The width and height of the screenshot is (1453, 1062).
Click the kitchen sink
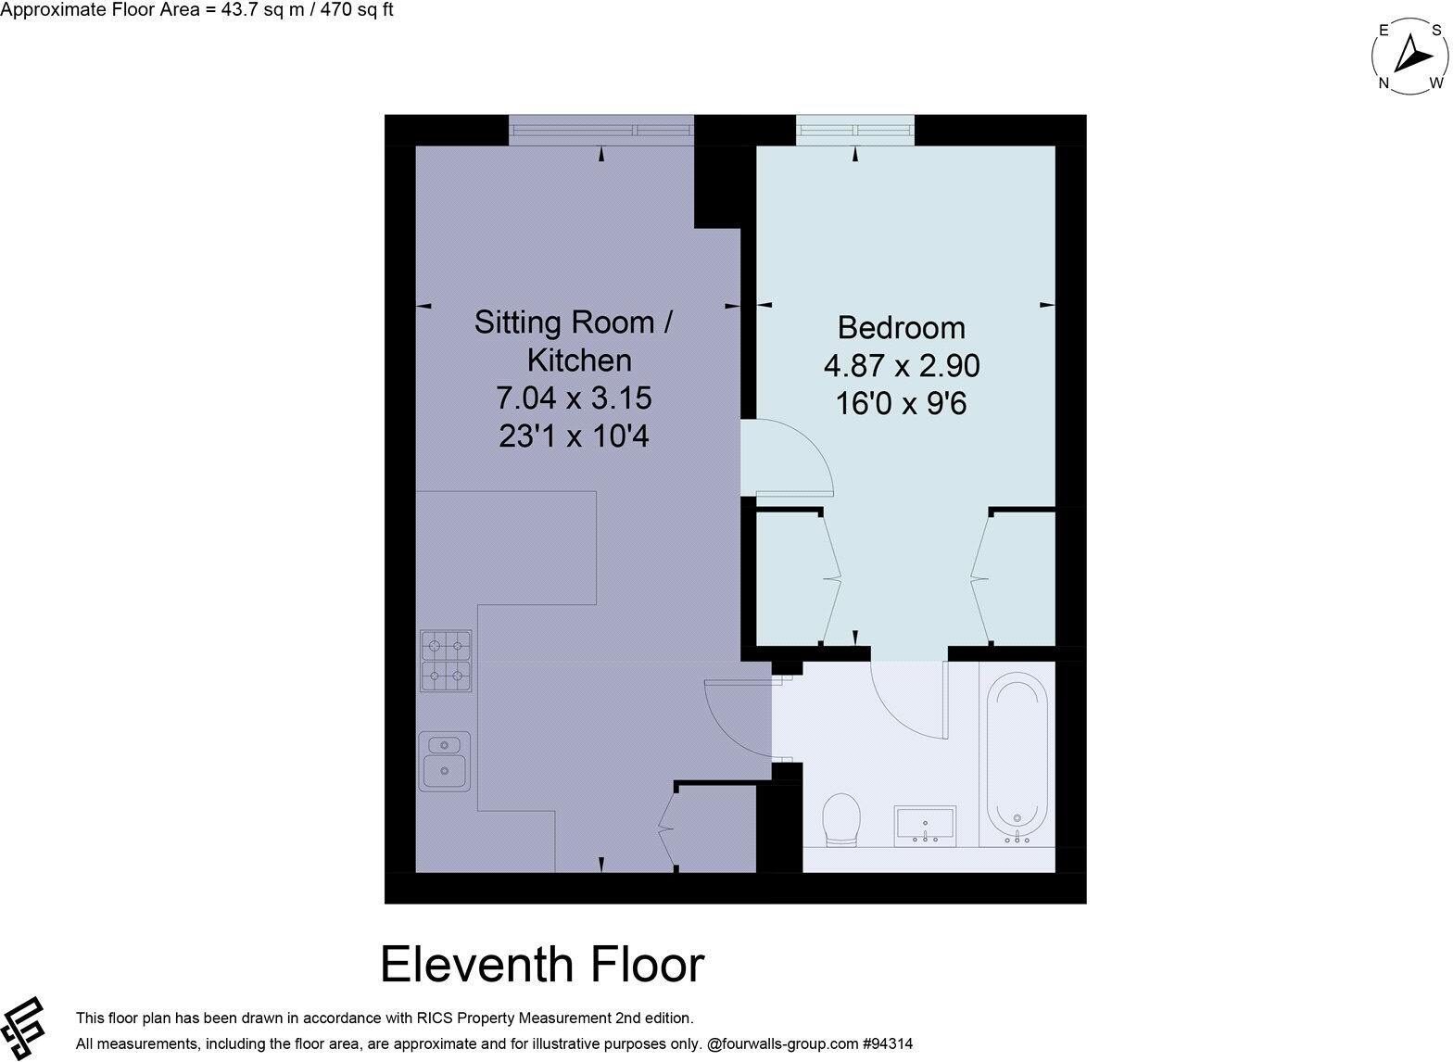tap(446, 761)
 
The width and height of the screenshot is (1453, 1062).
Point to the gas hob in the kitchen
tap(446, 661)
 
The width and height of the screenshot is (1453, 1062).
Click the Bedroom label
tap(901, 328)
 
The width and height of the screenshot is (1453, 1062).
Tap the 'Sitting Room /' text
tap(573, 322)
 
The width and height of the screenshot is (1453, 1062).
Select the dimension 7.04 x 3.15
tap(575, 398)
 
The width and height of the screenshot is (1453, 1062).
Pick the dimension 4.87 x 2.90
tap(901, 366)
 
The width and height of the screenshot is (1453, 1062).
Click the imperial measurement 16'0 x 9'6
tap(901, 404)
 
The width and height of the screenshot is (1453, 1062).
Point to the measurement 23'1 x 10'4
tap(575, 436)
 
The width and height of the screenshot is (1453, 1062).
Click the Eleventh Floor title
tap(542, 965)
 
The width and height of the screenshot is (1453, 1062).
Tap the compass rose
tap(1408, 57)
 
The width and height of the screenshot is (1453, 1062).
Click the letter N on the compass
tap(1384, 83)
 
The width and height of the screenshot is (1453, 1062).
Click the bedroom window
tap(854, 130)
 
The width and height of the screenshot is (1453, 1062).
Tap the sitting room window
tap(600, 130)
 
